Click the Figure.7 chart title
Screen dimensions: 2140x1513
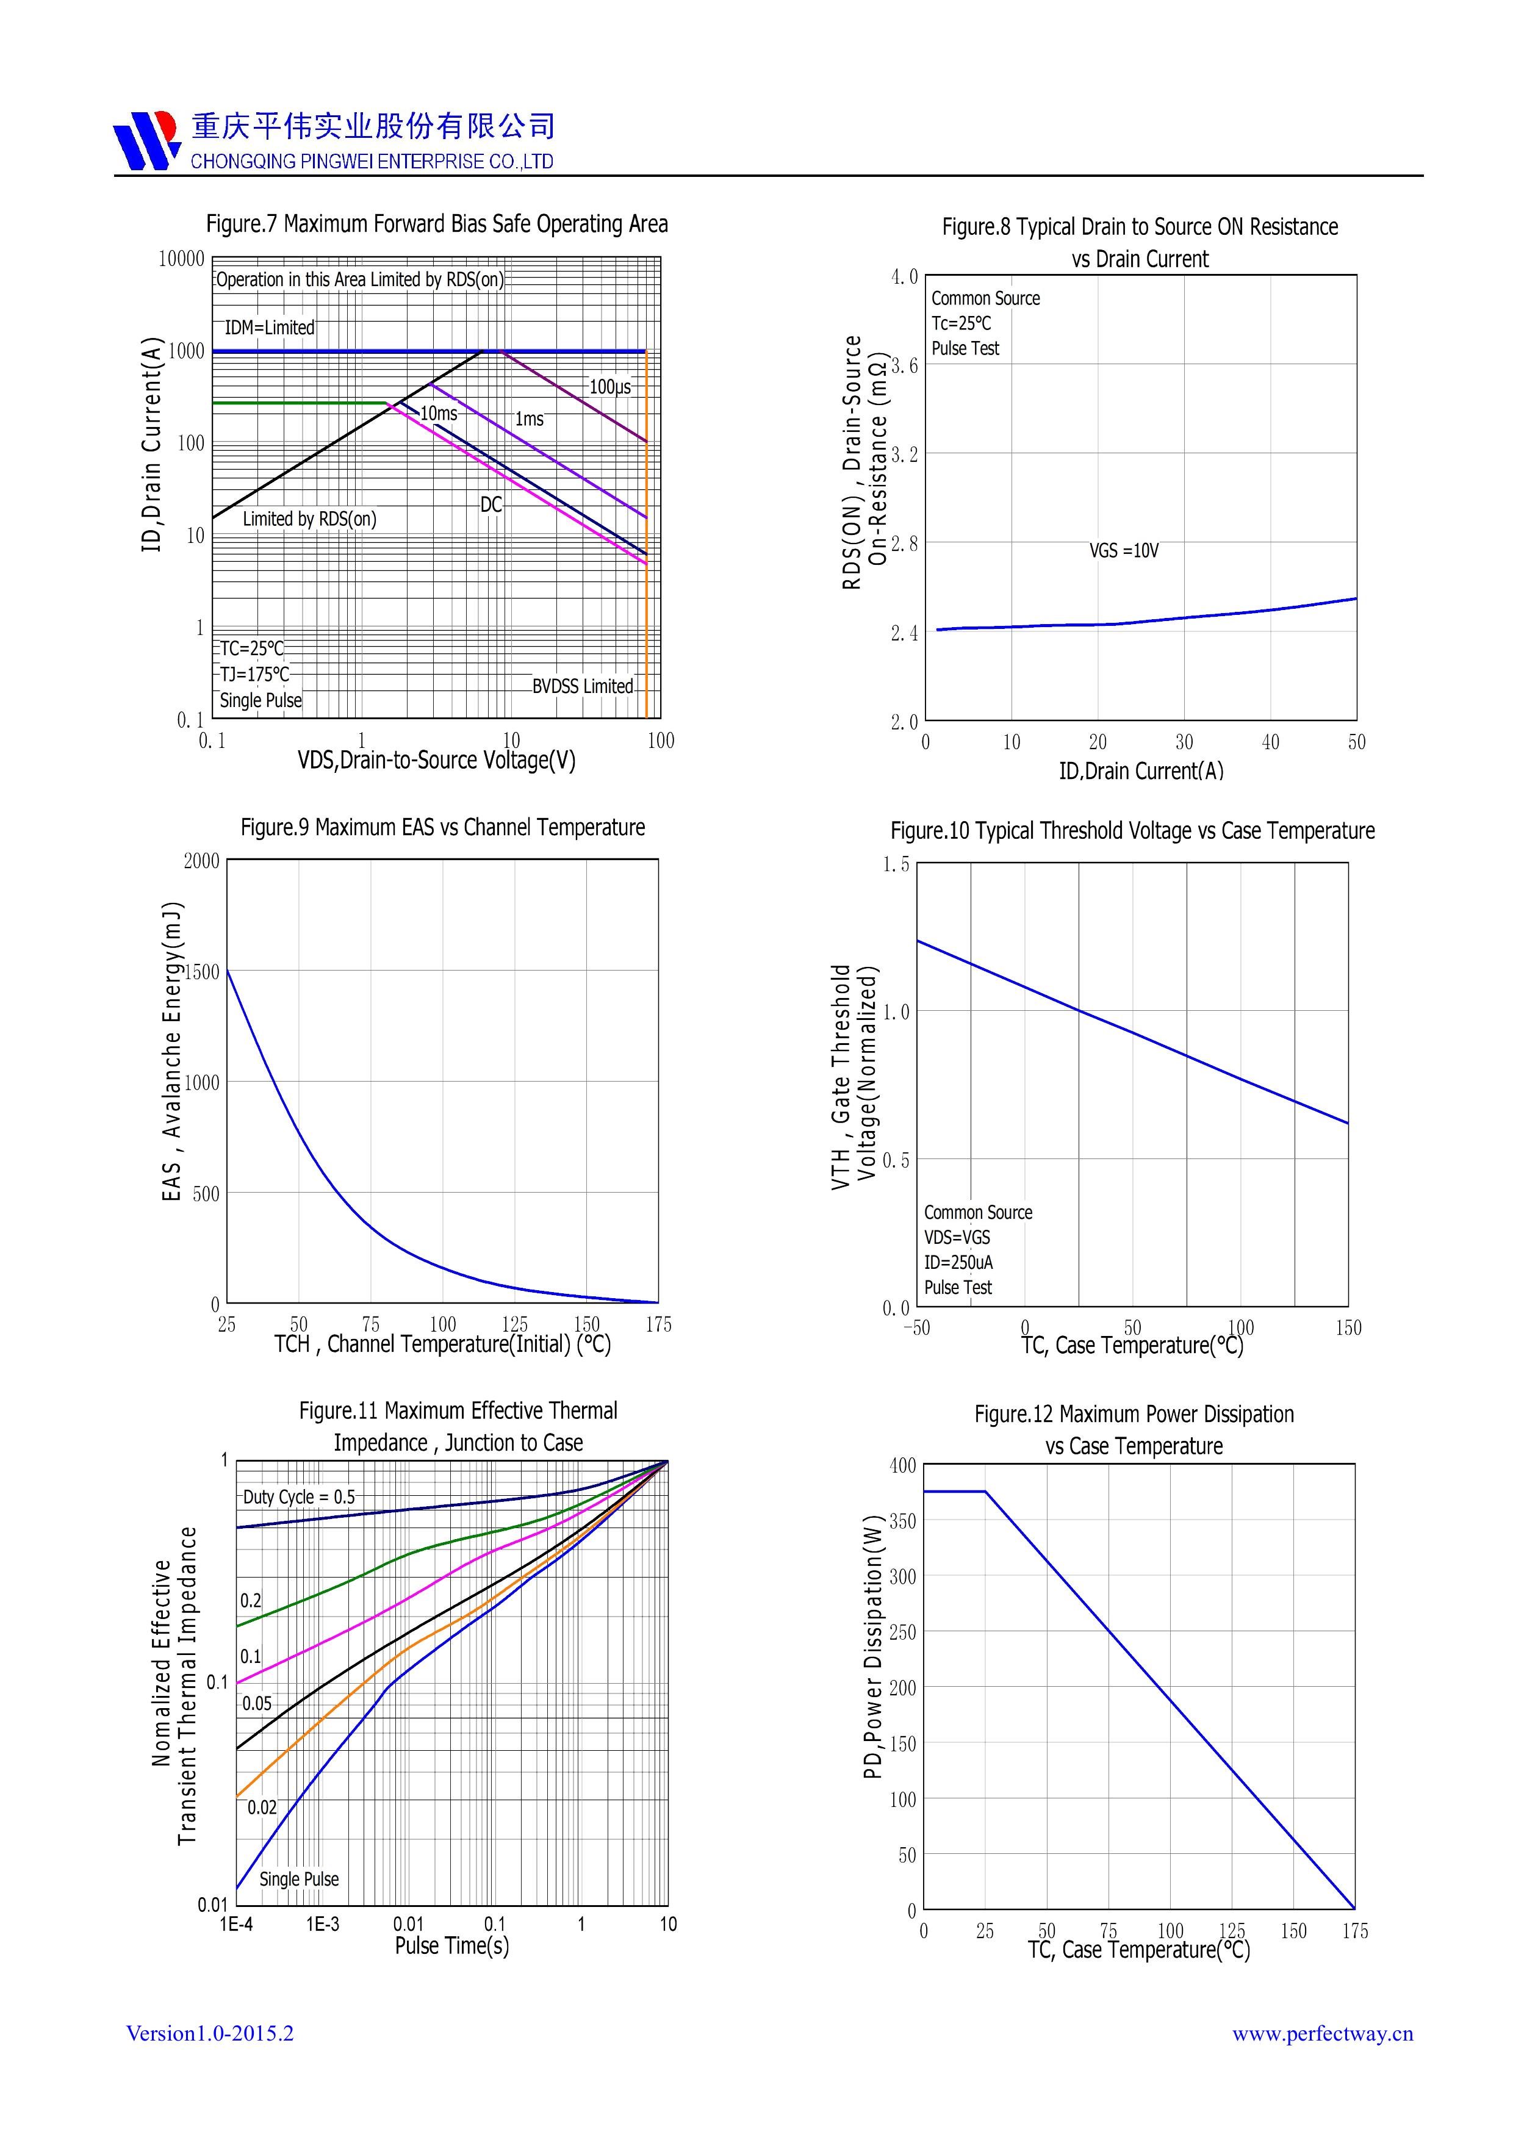(x=436, y=224)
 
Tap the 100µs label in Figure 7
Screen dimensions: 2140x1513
(x=609, y=387)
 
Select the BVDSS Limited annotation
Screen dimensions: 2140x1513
(x=583, y=687)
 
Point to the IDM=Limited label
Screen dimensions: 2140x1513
(x=270, y=328)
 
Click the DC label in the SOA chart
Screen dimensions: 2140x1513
(x=491, y=505)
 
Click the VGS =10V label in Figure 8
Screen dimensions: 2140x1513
(x=1123, y=551)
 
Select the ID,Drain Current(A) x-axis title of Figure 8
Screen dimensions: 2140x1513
(x=1140, y=771)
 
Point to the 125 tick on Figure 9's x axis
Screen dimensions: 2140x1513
(x=514, y=1324)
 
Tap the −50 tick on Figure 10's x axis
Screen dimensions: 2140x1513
(x=916, y=1328)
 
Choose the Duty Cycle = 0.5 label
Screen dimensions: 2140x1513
(x=298, y=1497)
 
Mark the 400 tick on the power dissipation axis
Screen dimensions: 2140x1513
(x=902, y=1466)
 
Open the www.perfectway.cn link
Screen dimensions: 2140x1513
(x=1322, y=2034)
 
